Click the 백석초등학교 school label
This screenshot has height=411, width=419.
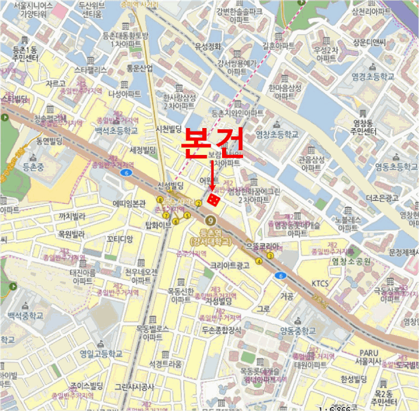coord(116,130)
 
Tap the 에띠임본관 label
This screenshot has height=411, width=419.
coord(129,203)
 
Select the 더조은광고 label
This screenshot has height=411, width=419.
coord(382,197)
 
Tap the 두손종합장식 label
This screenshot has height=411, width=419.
coord(221,330)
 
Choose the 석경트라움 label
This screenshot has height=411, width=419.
coord(165,363)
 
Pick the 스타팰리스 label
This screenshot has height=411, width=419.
coord(90,69)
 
